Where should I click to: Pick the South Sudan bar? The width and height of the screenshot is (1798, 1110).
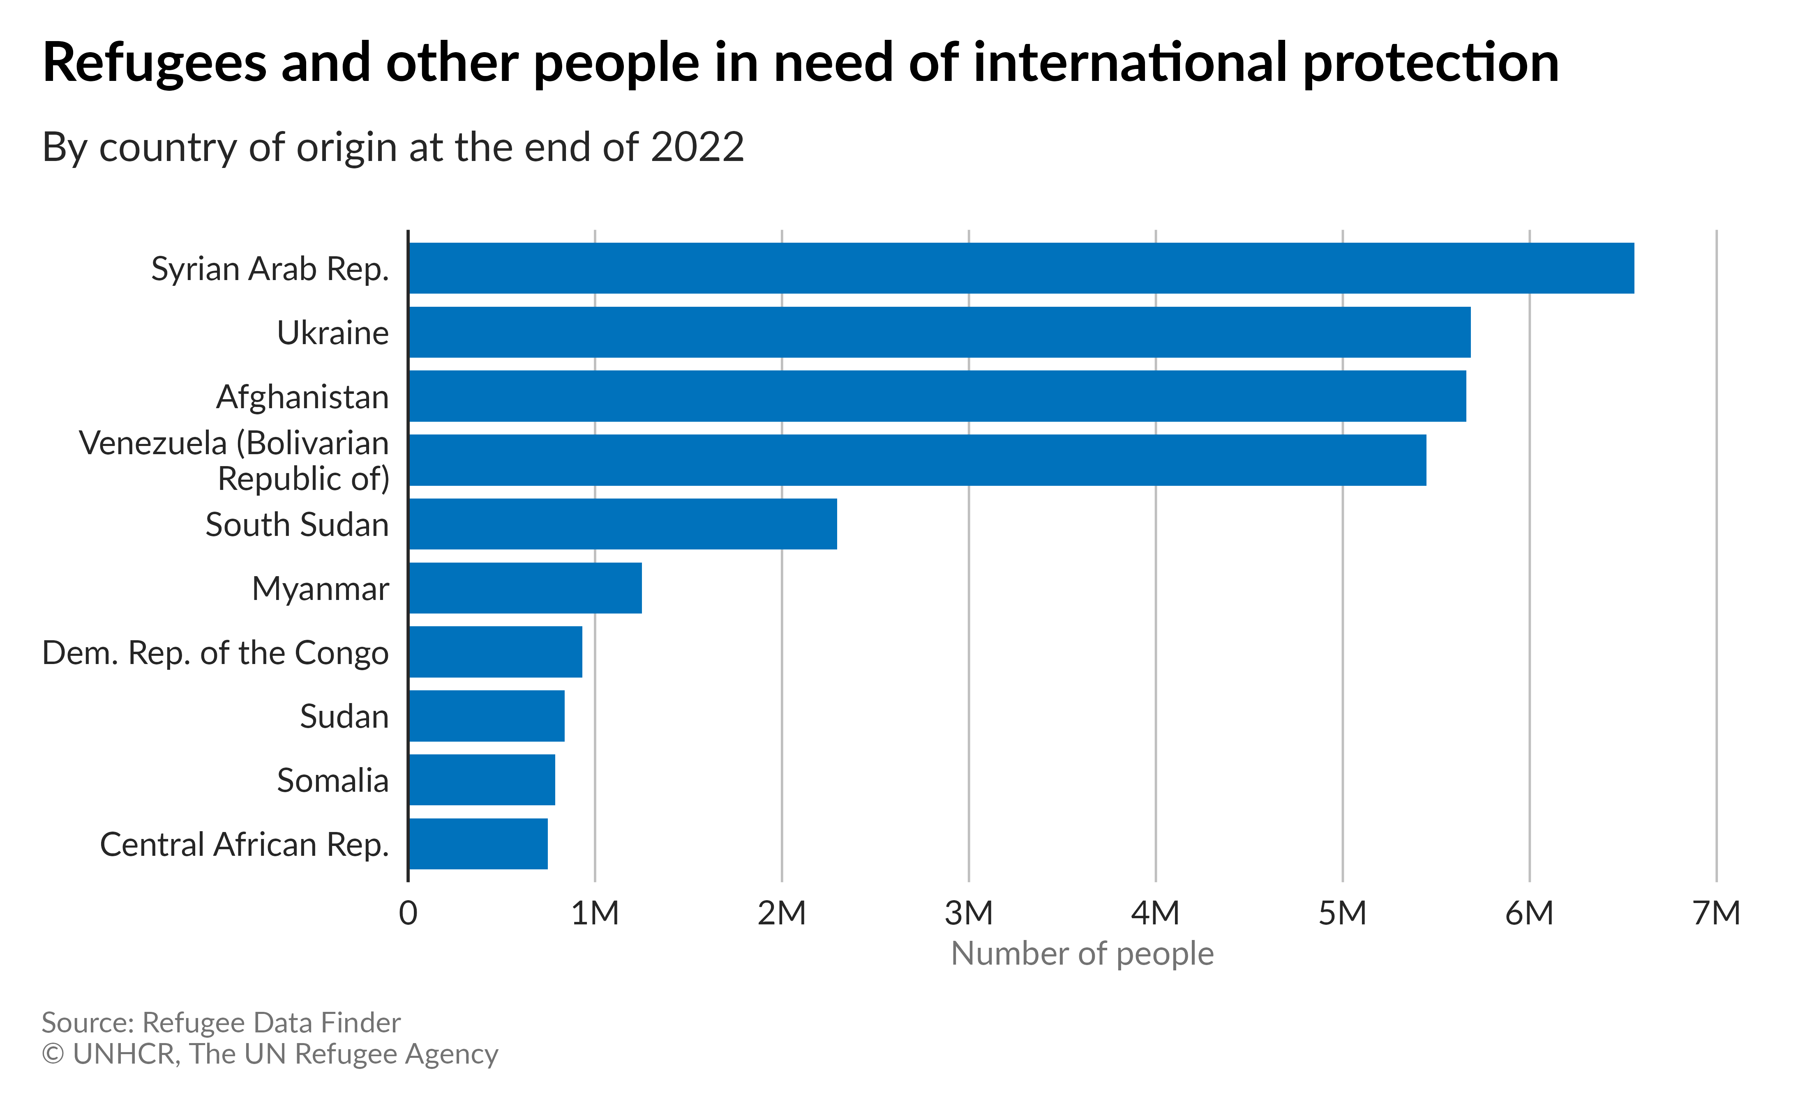623,524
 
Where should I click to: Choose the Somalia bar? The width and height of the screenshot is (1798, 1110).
482,780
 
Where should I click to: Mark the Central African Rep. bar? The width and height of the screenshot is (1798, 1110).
478,843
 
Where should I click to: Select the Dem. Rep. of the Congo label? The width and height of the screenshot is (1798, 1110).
215,653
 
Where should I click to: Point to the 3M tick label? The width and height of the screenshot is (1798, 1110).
969,913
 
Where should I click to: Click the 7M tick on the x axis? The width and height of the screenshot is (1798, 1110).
1717,913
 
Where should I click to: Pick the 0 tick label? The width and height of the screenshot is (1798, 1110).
409,913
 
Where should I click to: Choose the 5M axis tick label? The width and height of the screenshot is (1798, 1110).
1343,913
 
